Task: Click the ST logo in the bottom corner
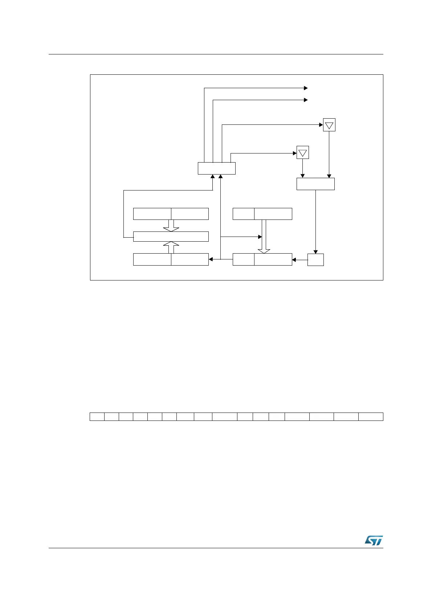tap(374, 540)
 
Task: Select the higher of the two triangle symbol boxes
tap(329, 125)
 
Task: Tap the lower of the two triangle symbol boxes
tap(303, 152)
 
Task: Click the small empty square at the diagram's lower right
tap(315, 259)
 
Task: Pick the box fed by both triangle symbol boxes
tap(315, 184)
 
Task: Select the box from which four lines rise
tap(216, 168)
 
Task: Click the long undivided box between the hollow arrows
tap(171, 237)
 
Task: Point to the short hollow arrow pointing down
tap(171, 226)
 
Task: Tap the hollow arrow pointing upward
tap(171, 247)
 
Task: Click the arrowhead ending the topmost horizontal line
tap(306, 88)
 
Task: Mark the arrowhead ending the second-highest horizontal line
tap(306, 100)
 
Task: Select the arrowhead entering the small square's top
tap(315, 252)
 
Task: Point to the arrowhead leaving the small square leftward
tap(294, 259)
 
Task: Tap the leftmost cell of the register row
tap(97, 417)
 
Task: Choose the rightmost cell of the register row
tap(371, 417)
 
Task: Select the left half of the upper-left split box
tap(152, 214)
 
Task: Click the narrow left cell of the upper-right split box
tap(243, 214)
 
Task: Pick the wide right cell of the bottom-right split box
tap(273, 259)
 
